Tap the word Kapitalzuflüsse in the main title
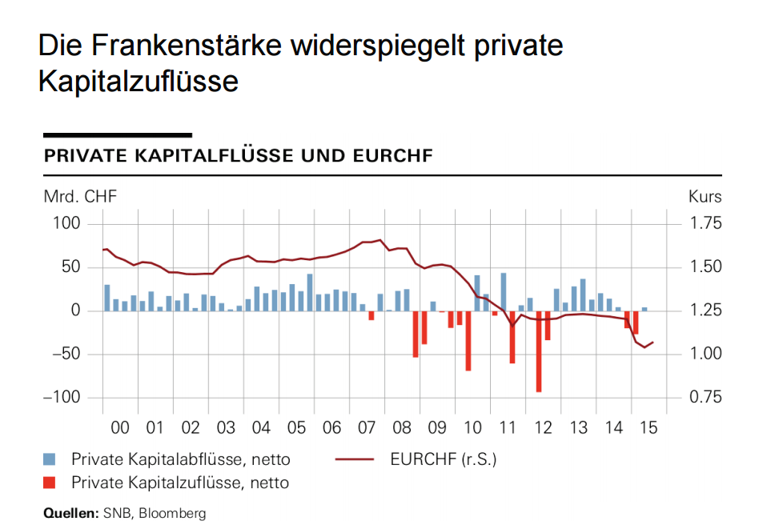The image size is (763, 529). [138, 81]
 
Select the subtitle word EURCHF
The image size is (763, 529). [392, 155]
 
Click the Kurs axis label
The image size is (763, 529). [705, 197]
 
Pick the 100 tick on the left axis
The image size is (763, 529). [67, 223]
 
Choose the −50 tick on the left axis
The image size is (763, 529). [64, 354]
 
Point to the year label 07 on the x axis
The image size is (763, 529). [367, 428]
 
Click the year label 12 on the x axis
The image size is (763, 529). [543, 428]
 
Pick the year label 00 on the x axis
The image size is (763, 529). [120, 428]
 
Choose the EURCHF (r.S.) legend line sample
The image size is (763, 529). [353, 459]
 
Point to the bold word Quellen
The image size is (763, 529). [70, 513]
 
